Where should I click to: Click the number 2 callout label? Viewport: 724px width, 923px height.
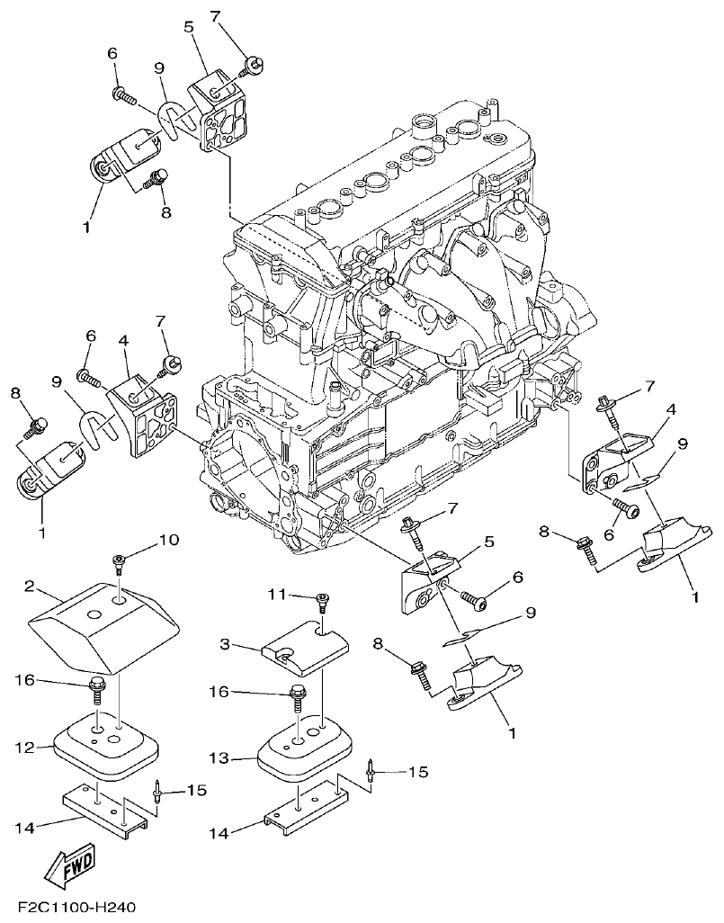pyautogui.click(x=30, y=587)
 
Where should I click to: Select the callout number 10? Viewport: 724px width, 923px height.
pyautogui.click(x=169, y=540)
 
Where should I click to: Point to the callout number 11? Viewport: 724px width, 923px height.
pyautogui.click(x=278, y=595)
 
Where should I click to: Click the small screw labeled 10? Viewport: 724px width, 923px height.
pyautogui.click(x=120, y=564)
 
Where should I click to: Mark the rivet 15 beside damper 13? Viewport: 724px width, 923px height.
pyautogui.click(x=371, y=771)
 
